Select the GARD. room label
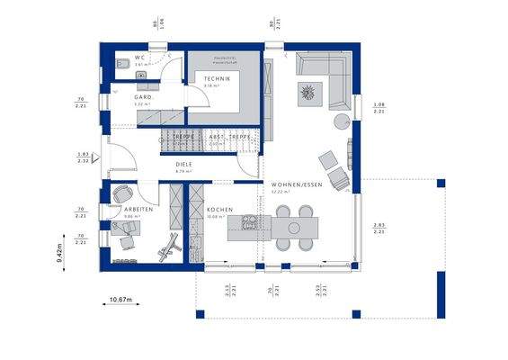click(x=141, y=97)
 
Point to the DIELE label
click(x=184, y=165)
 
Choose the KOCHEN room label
click(x=219, y=210)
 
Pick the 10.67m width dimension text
click(x=120, y=299)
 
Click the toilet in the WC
click(x=120, y=63)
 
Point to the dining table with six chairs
click(x=292, y=229)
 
